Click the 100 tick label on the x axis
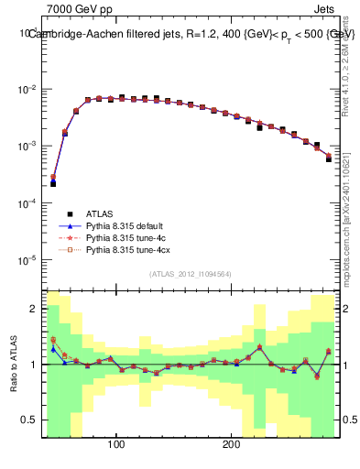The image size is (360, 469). click(x=116, y=446)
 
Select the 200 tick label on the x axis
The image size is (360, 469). click(x=231, y=446)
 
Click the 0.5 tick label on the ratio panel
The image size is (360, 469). click(x=30, y=421)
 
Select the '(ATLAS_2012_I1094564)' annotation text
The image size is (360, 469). click(x=191, y=274)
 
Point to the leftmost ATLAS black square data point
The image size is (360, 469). click(x=53, y=183)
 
